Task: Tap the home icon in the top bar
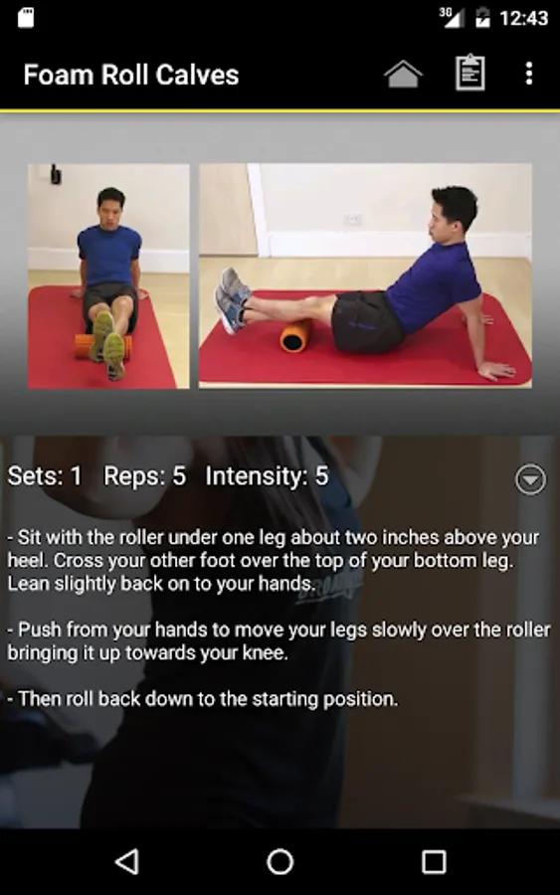(x=403, y=74)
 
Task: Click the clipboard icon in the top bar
(x=469, y=73)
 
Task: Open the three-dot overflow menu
(x=529, y=74)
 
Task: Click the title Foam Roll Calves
(x=130, y=75)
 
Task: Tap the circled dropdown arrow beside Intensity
(x=530, y=479)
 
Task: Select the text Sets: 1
(x=45, y=476)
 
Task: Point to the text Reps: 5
(x=144, y=476)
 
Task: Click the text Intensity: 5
(x=267, y=476)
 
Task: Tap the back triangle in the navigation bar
(x=127, y=861)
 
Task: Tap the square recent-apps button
(x=434, y=862)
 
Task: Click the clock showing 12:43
(x=523, y=18)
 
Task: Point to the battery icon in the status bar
(x=483, y=17)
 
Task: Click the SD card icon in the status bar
(x=26, y=17)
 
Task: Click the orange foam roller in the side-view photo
(x=295, y=335)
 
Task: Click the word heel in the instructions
(x=26, y=561)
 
